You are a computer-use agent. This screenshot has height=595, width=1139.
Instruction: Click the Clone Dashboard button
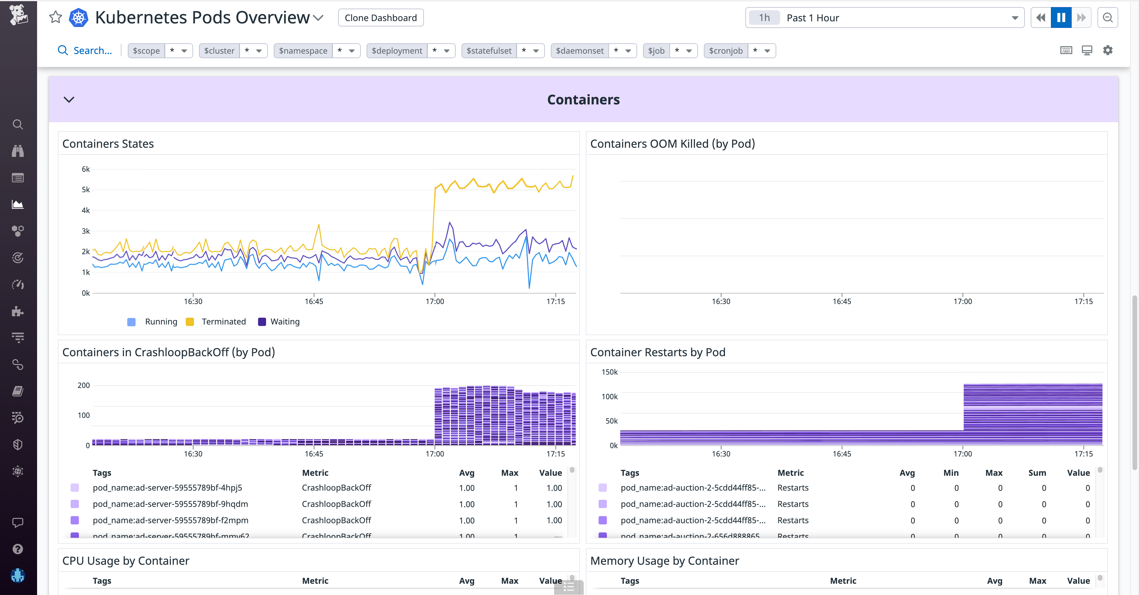point(380,18)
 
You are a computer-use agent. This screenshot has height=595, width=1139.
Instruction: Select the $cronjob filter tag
point(726,51)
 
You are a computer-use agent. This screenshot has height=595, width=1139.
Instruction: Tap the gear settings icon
point(1107,50)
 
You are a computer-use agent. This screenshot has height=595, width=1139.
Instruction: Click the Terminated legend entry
point(223,322)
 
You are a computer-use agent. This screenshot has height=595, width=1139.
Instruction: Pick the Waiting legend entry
point(285,322)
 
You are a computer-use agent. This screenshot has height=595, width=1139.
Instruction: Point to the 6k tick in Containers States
point(85,169)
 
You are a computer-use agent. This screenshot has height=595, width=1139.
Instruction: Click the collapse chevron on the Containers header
point(69,99)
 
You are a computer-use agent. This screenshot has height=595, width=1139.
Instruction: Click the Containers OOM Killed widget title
point(672,144)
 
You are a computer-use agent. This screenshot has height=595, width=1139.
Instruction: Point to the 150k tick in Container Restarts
point(609,372)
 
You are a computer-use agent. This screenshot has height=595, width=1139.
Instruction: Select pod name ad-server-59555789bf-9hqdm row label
point(170,504)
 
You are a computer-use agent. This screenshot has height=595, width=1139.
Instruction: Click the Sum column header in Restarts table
point(1037,473)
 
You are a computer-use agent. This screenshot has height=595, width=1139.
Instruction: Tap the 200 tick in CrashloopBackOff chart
point(84,386)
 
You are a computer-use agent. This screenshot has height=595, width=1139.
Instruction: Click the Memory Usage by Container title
point(664,561)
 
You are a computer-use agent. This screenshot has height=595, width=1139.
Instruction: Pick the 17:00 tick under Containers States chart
point(435,301)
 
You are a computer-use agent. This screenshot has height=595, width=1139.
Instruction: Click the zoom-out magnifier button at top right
point(1107,18)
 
